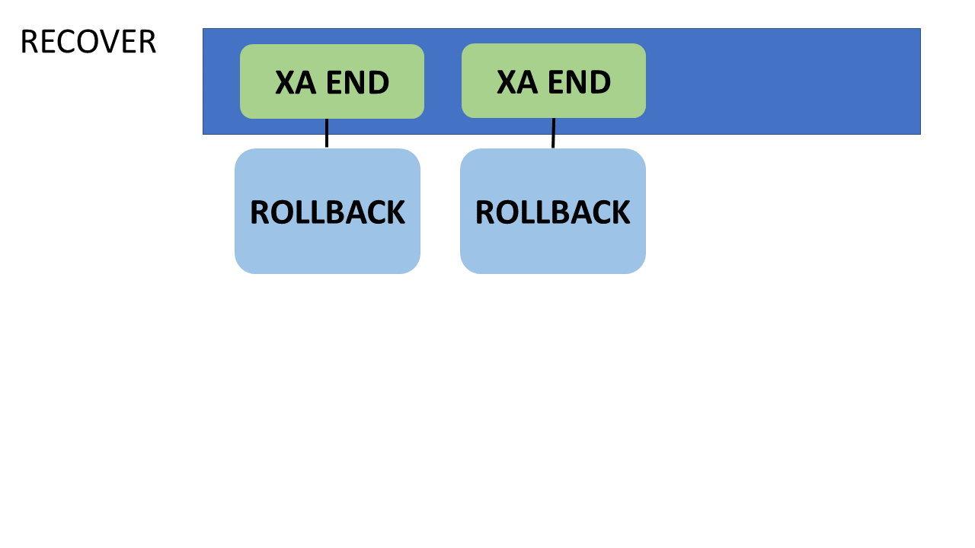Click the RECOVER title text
(88, 42)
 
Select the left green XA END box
(332, 81)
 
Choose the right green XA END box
(554, 81)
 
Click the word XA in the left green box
(296, 82)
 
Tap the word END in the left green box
(358, 82)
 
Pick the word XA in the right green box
(517, 81)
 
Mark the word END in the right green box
(580, 81)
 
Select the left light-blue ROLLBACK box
(328, 212)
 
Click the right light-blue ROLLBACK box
(553, 212)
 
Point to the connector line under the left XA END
(327, 133)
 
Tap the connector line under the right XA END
(553, 133)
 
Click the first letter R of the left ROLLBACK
(261, 212)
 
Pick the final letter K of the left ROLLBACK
(395, 212)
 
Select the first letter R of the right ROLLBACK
(486, 212)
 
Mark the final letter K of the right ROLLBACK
(620, 212)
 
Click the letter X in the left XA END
(285, 82)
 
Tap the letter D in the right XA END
(601, 81)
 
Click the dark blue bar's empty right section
(784, 81)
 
